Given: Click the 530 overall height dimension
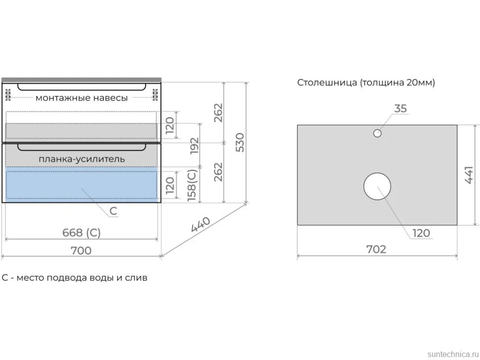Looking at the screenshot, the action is pyautogui.click(x=240, y=142).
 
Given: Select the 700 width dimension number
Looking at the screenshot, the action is pyautogui.click(x=81, y=251).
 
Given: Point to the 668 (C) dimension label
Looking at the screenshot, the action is pyautogui.click(x=82, y=233).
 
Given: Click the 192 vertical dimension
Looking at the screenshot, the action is pyautogui.click(x=194, y=146).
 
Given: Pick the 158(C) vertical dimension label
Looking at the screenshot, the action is pyautogui.click(x=192, y=185).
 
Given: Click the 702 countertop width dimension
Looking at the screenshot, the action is pyautogui.click(x=376, y=249).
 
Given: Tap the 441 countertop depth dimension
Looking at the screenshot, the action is pyautogui.click(x=469, y=175).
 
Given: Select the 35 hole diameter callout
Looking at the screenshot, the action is pyautogui.click(x=400, y=109).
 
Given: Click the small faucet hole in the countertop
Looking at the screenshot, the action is pyautogui.click(x=377, y=134).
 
